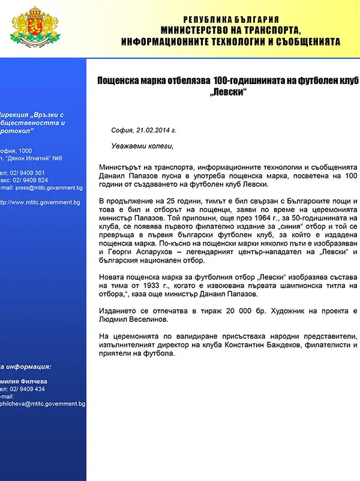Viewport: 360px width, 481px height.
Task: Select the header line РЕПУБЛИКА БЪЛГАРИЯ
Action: click(230, 20)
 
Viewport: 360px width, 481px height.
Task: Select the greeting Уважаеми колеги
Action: click(142, 146)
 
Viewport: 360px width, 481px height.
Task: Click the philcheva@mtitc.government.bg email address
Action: click(43, 404)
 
